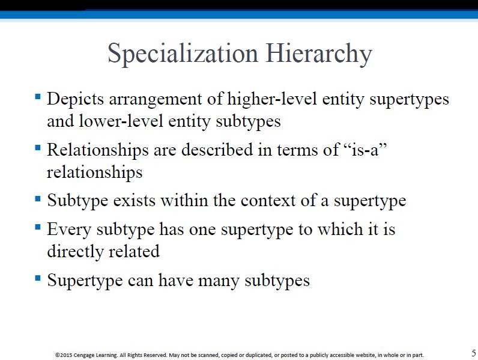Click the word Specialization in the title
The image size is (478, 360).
pos(183,53)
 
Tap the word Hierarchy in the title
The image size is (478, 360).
pos(319,53)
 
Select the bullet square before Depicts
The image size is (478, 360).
pos(38,97)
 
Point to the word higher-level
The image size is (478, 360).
pos(272,99)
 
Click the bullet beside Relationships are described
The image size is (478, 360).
pos(38,148)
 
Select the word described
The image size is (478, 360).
pos(217,150)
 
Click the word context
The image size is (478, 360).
pos(268,201)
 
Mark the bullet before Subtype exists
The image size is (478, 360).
pos(38,199)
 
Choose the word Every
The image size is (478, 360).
pos(69,230)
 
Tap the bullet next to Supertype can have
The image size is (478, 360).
pos(38,278)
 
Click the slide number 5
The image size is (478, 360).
pos(474,353)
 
